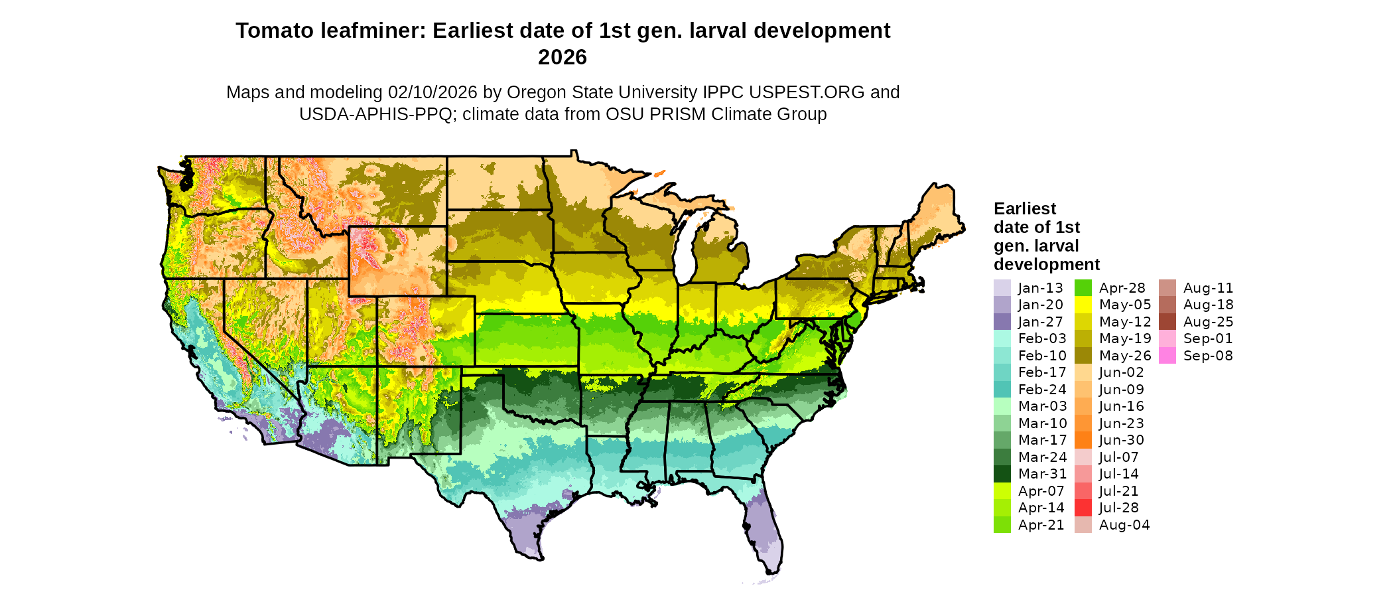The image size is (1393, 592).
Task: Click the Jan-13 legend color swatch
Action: click(x=1002, y=288)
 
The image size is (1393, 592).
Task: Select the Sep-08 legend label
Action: click(x=1208, y=356)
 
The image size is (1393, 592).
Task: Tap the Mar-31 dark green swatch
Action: click(x=1002, y=474)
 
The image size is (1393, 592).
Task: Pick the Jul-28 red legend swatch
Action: click(x=1083, y=508)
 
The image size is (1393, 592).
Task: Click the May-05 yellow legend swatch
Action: click(x=1083, y=305)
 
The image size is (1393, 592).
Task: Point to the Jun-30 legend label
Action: click(x=1122, y=440)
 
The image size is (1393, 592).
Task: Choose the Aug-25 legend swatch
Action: click(x=1167, y=322)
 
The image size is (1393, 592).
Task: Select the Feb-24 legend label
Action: click(x=1042, y=390)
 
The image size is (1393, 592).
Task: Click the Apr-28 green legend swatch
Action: click(x=1083, y=288)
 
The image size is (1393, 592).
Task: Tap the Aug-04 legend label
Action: click(x=1124, y=525)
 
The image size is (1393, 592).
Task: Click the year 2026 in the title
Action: click(x=563, y=58)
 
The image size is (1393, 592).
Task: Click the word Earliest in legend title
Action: click(x=1024, y=209)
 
